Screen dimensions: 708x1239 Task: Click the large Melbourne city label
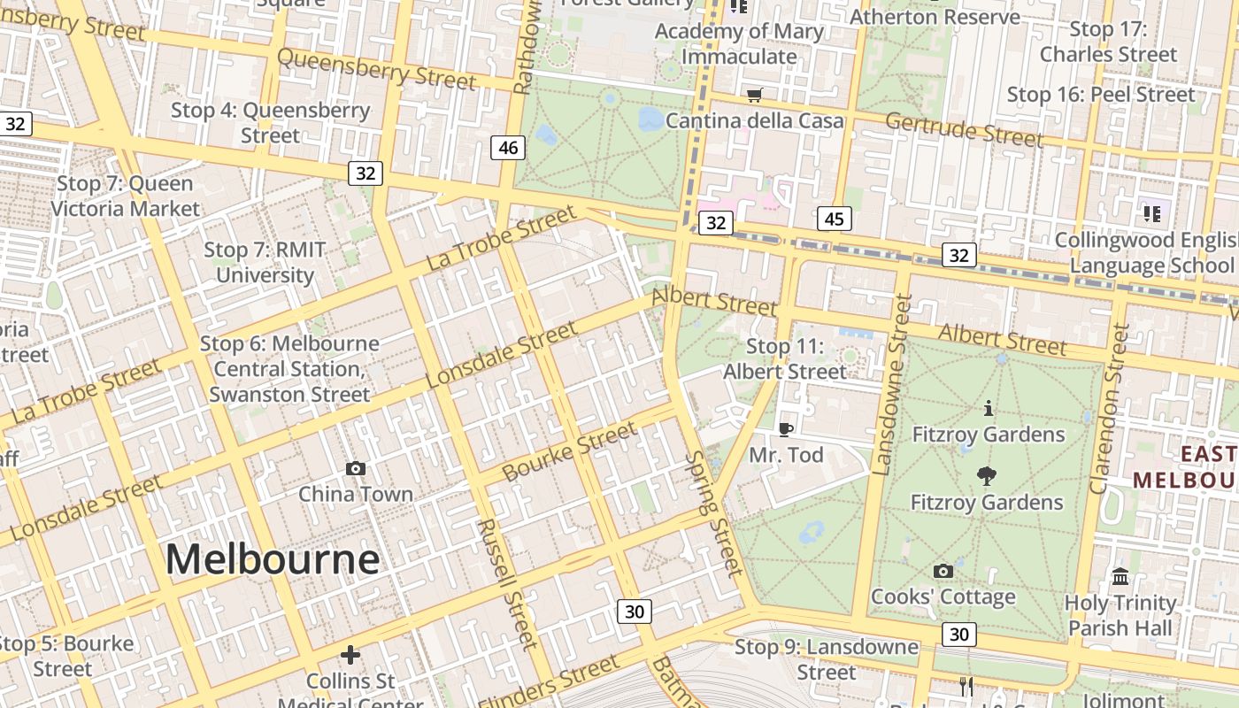[273, 560]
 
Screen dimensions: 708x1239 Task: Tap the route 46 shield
[508, 148]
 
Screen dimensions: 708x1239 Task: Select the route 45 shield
[835, 219]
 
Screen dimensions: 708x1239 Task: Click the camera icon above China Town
[356, 468]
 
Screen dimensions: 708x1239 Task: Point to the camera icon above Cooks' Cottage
[943, 571]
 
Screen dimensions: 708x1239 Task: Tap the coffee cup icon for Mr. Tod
[785, 429]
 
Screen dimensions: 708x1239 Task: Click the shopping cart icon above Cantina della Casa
[754, 95]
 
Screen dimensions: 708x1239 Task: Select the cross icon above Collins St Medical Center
[350, 655]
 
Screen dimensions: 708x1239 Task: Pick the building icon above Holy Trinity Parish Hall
[1120, 577]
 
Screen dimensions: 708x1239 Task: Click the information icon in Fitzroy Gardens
[989, 408]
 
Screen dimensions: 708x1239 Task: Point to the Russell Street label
[507, 583]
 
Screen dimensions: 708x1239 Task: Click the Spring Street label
[713, 513]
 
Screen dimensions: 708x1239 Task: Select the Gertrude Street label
[964, 129]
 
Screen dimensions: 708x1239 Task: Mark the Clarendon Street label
[1110, 409]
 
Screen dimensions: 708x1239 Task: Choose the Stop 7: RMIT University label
[265, 262]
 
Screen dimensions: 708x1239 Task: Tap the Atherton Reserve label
[935, 17]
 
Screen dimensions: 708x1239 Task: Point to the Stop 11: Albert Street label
[785, 358]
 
